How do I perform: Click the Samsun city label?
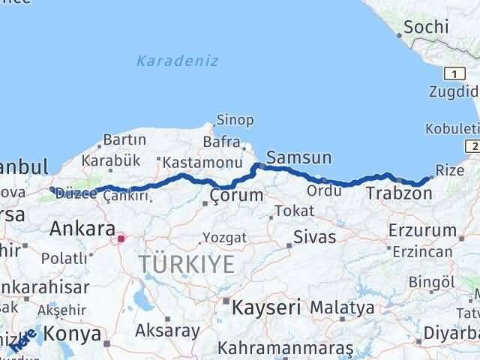click(298, 157)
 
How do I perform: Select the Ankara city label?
click(82, 229)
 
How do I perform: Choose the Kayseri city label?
click(265, 307)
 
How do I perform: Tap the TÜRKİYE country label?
click(186, 264)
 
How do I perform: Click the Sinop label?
click(235, 120)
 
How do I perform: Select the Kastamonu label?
click(202, 162)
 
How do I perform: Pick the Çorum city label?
click(236, 195)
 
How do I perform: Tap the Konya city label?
click(73, 332)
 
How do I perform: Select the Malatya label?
click(342, 307)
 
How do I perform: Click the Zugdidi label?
click(453, 93)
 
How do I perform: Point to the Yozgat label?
click(224, 237)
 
